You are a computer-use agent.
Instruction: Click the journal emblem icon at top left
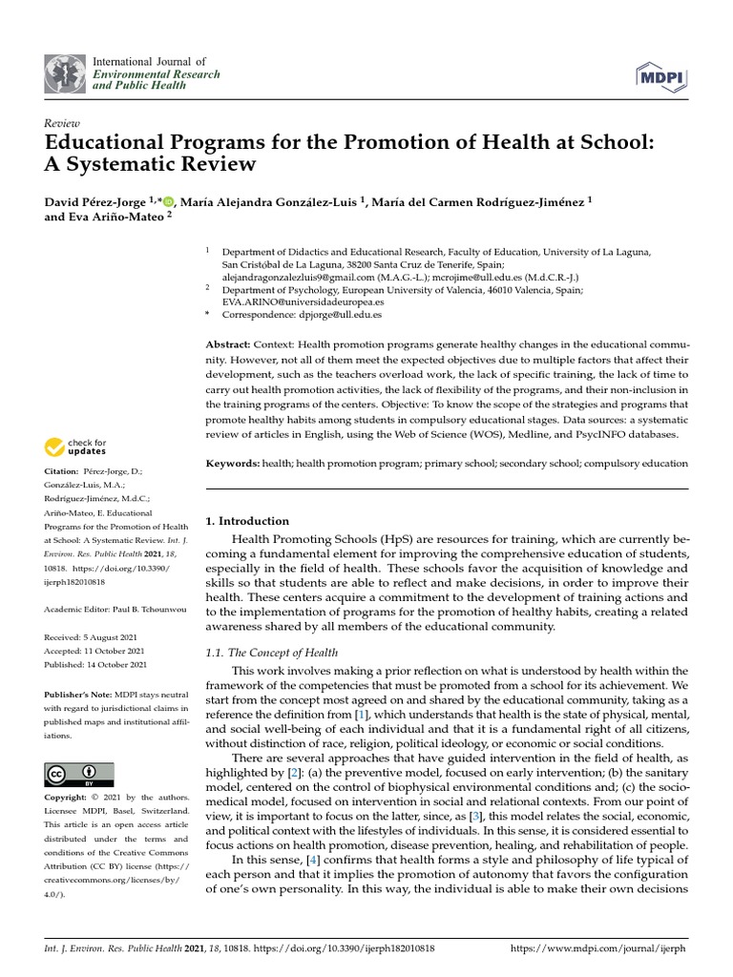[64, 74]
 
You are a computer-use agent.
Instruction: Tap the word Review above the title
[63, 124]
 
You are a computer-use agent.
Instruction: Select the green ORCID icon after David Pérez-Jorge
[169, 201]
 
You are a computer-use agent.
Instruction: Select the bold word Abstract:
[228, 343]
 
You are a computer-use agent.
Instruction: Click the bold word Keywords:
[233, 464]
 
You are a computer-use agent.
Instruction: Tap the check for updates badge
[77, 446]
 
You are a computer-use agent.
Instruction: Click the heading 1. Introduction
[247, 521]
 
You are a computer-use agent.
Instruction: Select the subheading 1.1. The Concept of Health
[272, 653]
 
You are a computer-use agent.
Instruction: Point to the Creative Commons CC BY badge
[78, 774]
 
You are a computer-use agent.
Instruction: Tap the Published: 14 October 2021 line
[95, 664]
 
